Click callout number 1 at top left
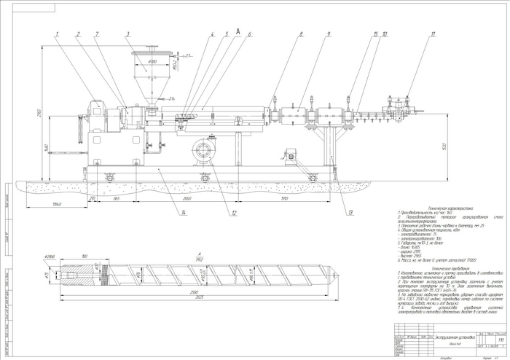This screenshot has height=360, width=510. coord(56,34)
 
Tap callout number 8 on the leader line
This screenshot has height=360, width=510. coord(300,34)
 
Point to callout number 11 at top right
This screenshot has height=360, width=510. coord(433,34)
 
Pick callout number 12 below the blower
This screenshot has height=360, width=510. coord(234,213)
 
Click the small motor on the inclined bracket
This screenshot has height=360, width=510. coord(289,153)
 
